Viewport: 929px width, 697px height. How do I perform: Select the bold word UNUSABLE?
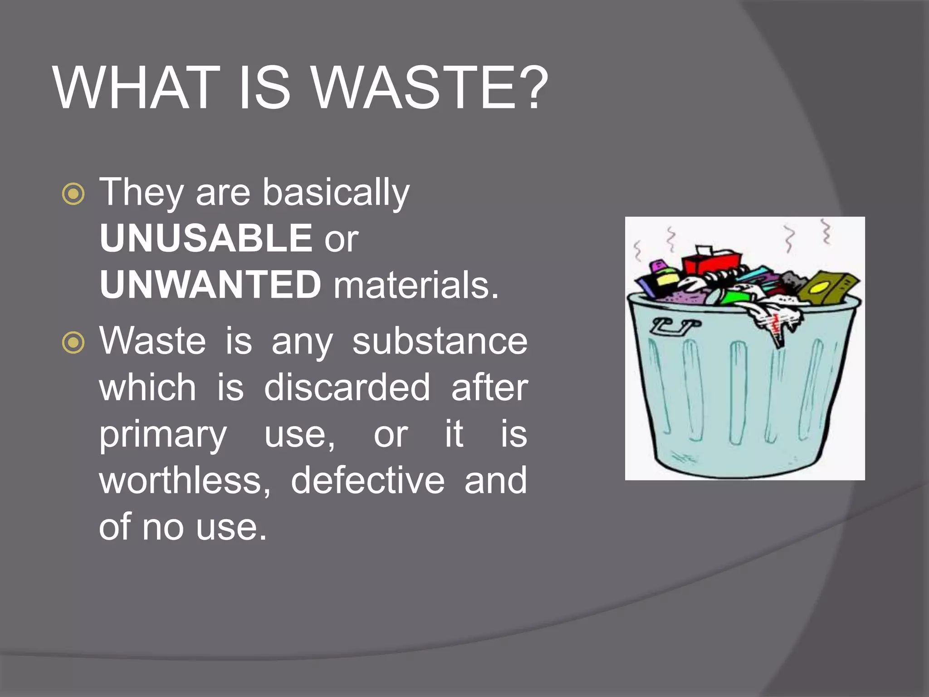[x=205, y=238]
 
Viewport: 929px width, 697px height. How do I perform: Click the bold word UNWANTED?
[x=210, y=285]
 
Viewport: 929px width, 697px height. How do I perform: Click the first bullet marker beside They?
[x=73, y=194]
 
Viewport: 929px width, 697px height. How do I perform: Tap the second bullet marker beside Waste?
[x=73, y=343]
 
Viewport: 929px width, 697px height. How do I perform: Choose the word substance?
[x=440, y=341]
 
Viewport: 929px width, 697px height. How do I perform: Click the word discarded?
[x=347, y=388]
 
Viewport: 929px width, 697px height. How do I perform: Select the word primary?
[x=163, y=435]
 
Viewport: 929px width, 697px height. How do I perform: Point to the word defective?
[x=367, y=481]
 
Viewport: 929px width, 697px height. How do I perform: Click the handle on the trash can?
[x=675, y=326]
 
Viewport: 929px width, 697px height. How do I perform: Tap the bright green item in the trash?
[x=733, y=298]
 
